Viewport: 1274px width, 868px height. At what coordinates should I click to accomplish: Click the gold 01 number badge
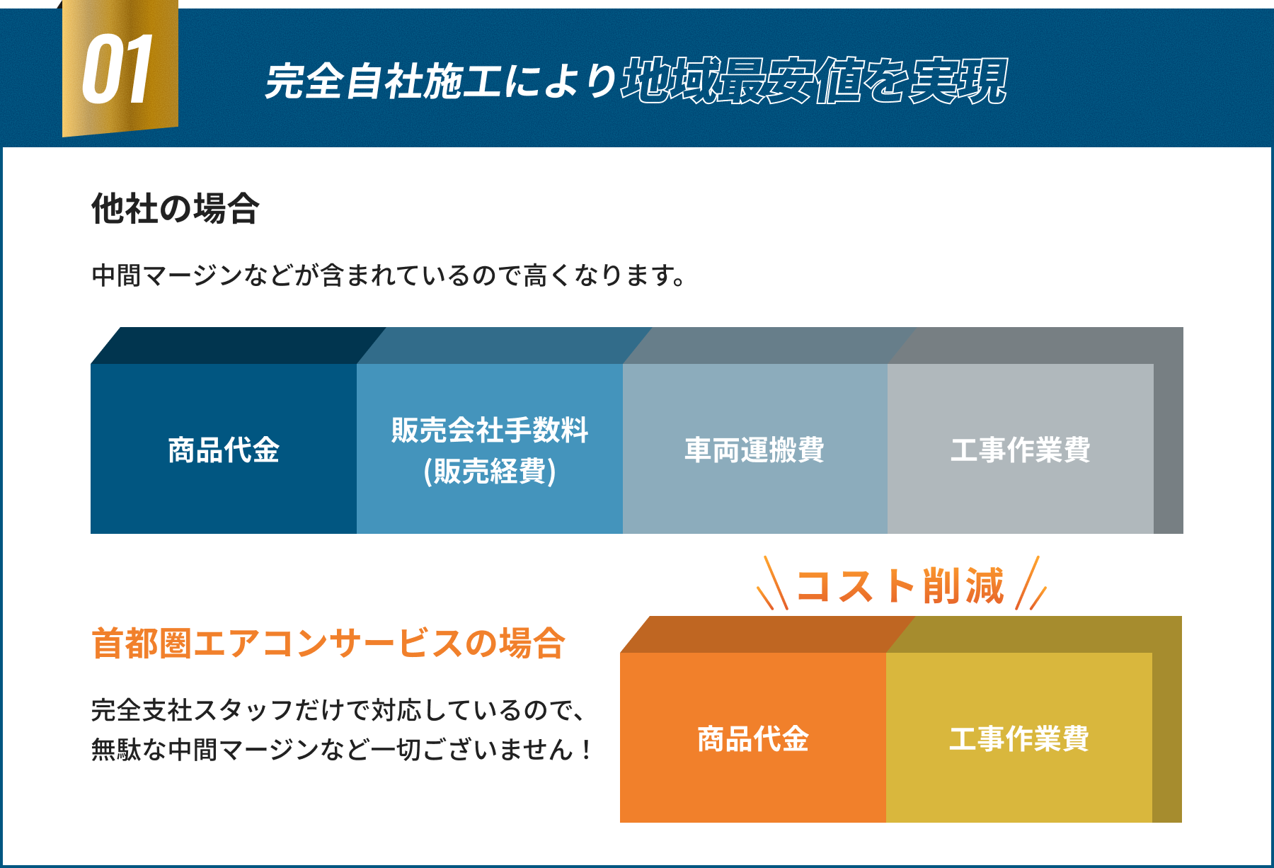(119, 69)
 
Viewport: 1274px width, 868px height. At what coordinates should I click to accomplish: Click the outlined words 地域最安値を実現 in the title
(814, 81)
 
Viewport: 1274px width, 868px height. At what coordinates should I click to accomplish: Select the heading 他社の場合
(175, 209)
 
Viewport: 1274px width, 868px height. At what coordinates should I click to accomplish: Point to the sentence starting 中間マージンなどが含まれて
(389, 275)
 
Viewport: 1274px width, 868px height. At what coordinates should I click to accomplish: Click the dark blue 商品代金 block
(224, 449)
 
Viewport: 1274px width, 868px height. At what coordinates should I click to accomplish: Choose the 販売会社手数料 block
(490, 430)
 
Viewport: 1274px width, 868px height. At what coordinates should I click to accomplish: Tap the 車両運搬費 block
(754, 449)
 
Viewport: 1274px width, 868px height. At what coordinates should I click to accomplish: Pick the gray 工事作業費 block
(1020, 449)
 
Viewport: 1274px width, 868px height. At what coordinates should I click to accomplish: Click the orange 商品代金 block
(752, 738)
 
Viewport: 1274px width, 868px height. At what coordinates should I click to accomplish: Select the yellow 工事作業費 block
(1018, 738)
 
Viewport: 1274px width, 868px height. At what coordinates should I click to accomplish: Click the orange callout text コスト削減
(900, 586)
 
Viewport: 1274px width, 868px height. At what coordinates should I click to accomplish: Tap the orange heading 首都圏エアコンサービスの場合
(328, 643)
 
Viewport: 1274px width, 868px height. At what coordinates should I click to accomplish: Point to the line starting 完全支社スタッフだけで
(338, 709)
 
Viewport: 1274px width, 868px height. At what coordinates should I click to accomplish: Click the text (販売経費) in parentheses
(490, 471)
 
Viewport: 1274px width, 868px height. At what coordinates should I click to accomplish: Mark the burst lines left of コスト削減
(773, 585)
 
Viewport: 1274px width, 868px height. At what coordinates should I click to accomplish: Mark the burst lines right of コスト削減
(1031, 585)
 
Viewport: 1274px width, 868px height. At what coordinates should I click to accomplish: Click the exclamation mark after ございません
(586, 749)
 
